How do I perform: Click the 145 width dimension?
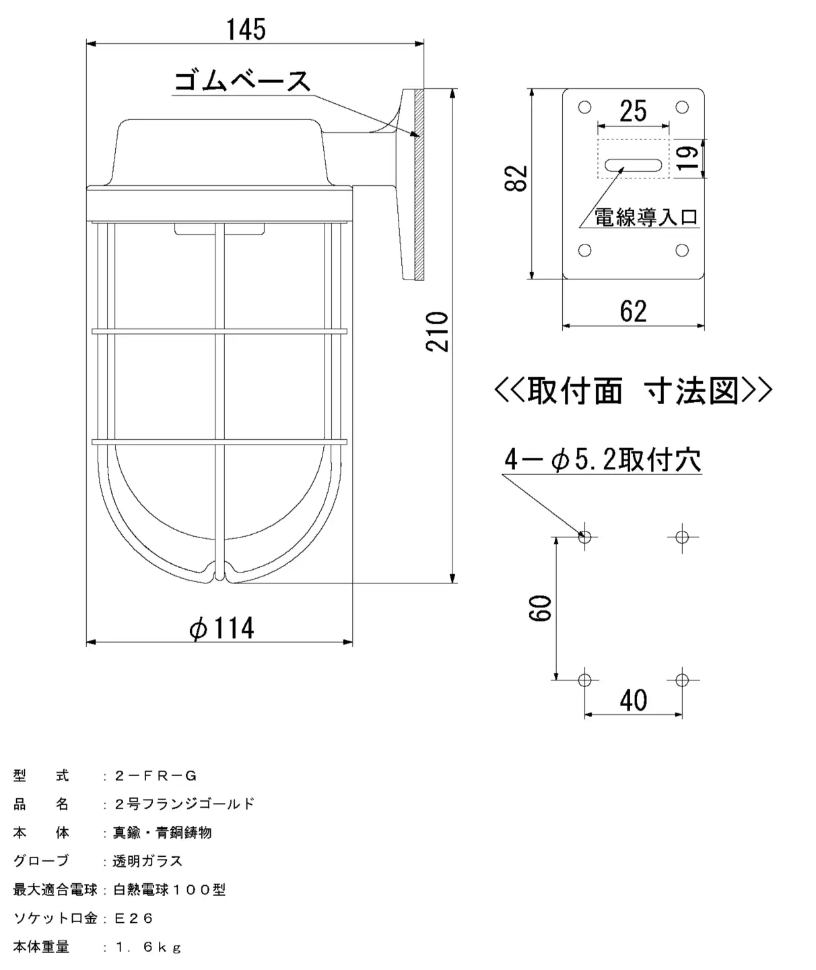tap(246, 29)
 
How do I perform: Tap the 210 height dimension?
tap(438, 331)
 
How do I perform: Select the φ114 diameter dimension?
tap(222, 628)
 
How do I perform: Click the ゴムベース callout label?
tap(242, 81)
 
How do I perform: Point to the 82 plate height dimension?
tap(516, 179)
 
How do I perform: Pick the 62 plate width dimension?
tap(633, 311)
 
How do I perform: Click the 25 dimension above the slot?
tap(633, 111)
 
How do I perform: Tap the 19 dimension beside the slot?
tap(688, 158)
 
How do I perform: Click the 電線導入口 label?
tap(646, 217)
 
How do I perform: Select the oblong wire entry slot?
tap(633, 165)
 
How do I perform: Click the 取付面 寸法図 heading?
tap(633, 391)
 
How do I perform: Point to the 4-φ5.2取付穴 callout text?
tap(603, 460)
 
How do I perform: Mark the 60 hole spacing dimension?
tap(540, 608)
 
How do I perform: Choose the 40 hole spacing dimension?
tap(633, 700)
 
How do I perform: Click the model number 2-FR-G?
tap(156, 776)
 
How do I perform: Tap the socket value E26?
tap(134, 918)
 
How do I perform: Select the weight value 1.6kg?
tap(149, 947)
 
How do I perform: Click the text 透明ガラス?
tap(148, 861)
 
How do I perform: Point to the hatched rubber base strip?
tap(419, 185)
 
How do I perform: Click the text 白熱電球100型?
tap(170, 890)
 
